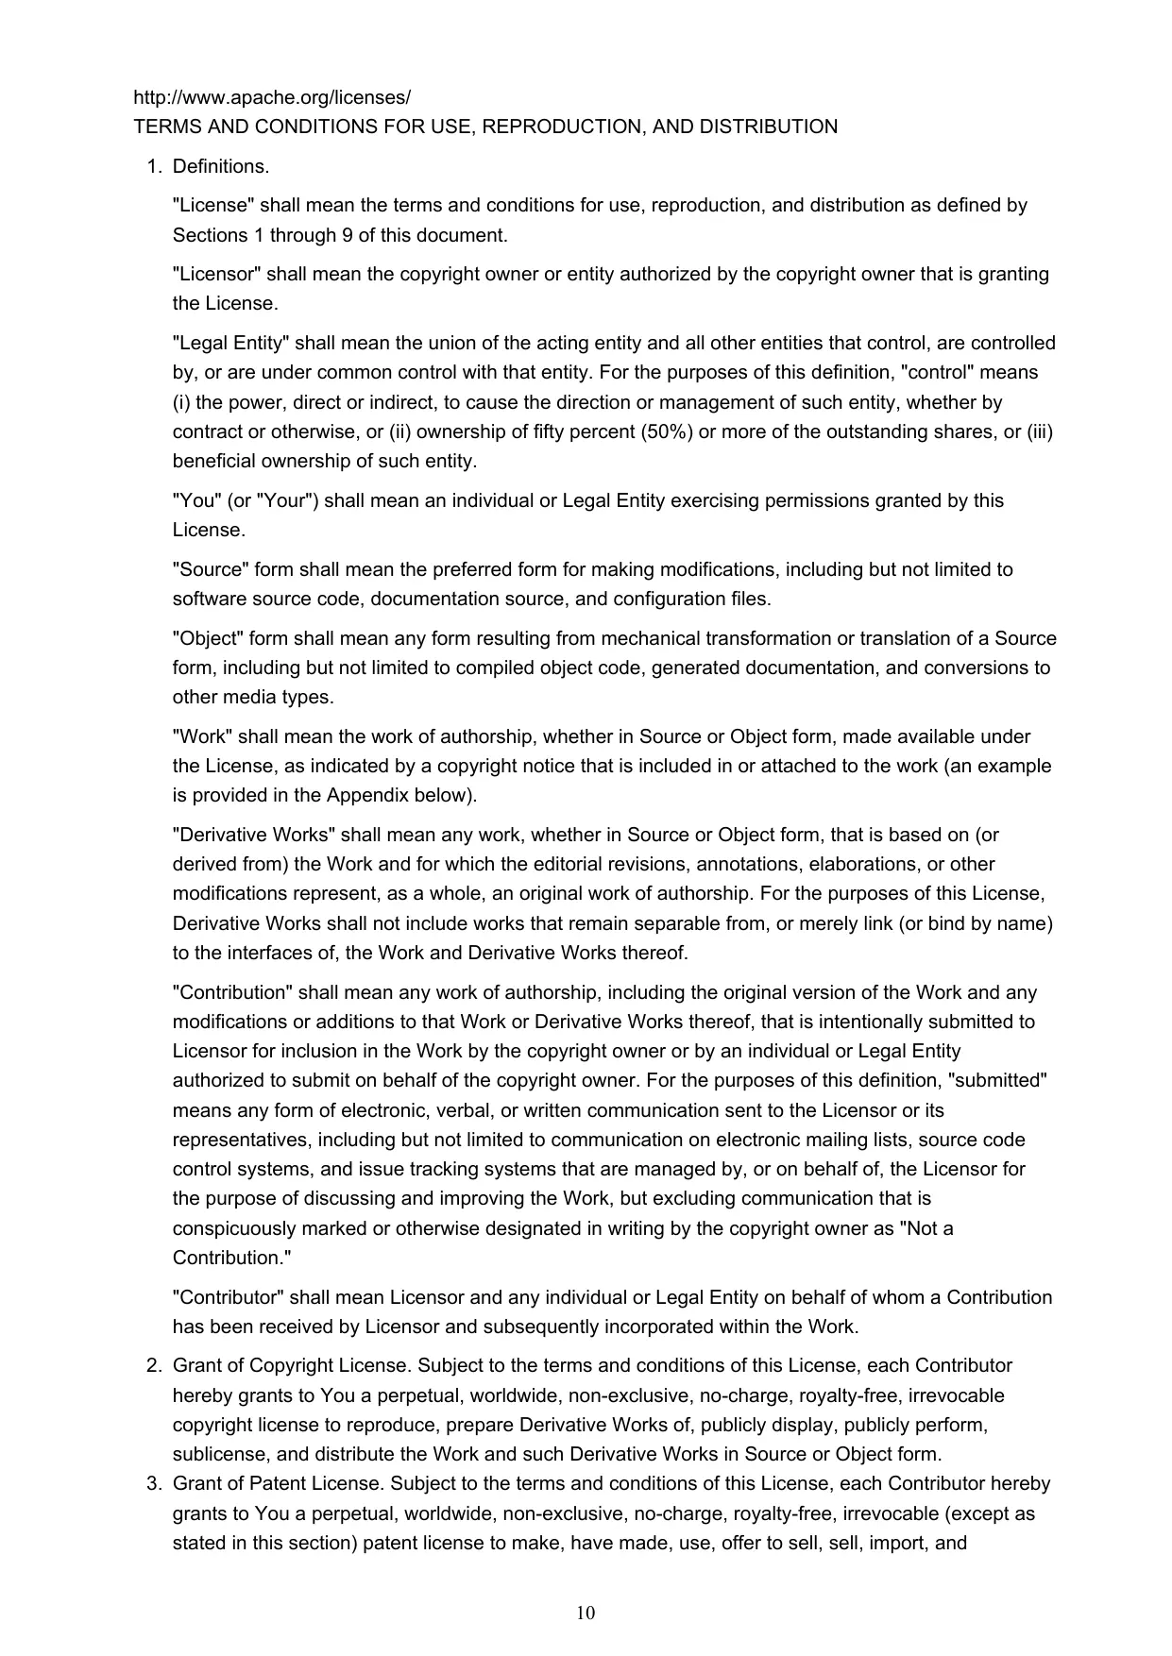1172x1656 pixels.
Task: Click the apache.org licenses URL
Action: [272, 97]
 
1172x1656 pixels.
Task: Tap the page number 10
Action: [586, 1613]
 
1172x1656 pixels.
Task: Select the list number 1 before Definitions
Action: [152, 167]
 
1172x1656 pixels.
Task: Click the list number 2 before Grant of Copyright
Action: [152, 1366]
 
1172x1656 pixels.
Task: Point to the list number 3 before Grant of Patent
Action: [152, 1484]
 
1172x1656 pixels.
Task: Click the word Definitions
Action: [221, 167]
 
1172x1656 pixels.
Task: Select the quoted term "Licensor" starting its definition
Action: [216, 275]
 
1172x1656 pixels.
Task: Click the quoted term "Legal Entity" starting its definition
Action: [230, 344]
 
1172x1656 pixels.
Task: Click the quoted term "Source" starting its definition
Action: [211, 570]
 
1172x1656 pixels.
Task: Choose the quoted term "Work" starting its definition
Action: [202, 737]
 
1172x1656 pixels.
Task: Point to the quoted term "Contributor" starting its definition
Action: [228, 1298]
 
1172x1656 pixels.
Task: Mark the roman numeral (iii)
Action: [1040, 432]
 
